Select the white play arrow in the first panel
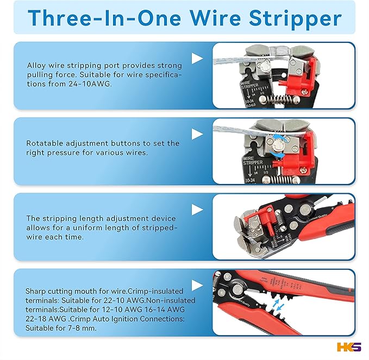197,58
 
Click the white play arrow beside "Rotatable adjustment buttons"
197,134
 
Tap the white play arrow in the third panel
197,209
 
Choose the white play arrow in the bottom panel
197,284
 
